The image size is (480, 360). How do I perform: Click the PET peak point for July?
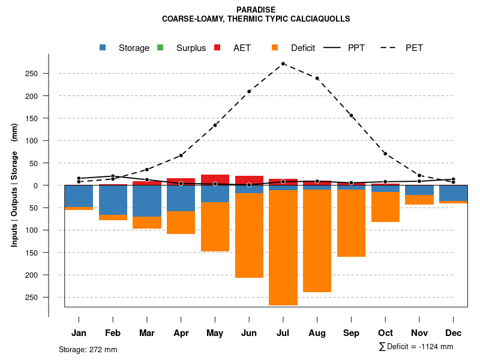tap(283, 64)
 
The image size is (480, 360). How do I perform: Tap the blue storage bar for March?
tap(147, 201)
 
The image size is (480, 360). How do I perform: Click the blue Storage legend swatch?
tap(103, 48)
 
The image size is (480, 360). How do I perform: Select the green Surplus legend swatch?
tap(160, 48)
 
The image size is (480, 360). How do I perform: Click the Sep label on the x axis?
tap(351, 333)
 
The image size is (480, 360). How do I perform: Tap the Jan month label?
tap(79, 333)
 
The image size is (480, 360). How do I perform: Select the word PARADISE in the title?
tap(256, 10)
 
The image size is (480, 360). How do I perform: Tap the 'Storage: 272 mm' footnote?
tap(88, 349)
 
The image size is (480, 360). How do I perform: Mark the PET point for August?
tap(317, 78)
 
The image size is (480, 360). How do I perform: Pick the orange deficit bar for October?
tap(385, 207)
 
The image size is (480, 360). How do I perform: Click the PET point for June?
tap(249, 92)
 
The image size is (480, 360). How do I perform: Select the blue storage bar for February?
tap(113, 200)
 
